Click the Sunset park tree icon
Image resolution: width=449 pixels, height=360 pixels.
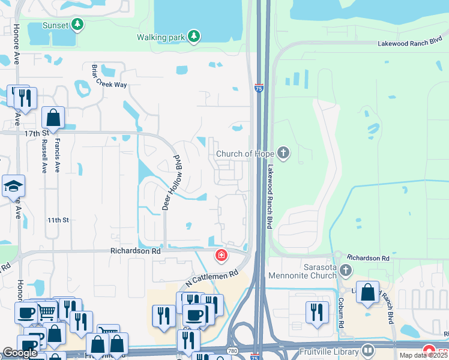click(x=77, y=25)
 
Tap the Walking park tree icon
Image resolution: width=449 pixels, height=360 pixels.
click(x=193, y=37)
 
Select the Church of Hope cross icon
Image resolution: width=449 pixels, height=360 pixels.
click(x=283, y=154)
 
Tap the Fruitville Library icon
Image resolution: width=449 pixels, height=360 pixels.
click(x=368, y=350)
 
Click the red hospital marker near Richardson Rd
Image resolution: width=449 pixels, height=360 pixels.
click(x=221, y=256)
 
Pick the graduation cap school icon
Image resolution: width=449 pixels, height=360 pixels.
click(x=13, y=186)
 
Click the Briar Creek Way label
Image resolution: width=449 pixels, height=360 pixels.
click(x=109, y=76)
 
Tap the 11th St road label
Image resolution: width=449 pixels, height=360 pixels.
click(x=59, y=220)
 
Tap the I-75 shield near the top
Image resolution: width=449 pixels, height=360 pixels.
click(x=259, y=88)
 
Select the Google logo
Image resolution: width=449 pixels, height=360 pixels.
click(x=20, y=353)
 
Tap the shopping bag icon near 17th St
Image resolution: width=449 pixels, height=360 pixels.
click(x=53, y=118)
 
